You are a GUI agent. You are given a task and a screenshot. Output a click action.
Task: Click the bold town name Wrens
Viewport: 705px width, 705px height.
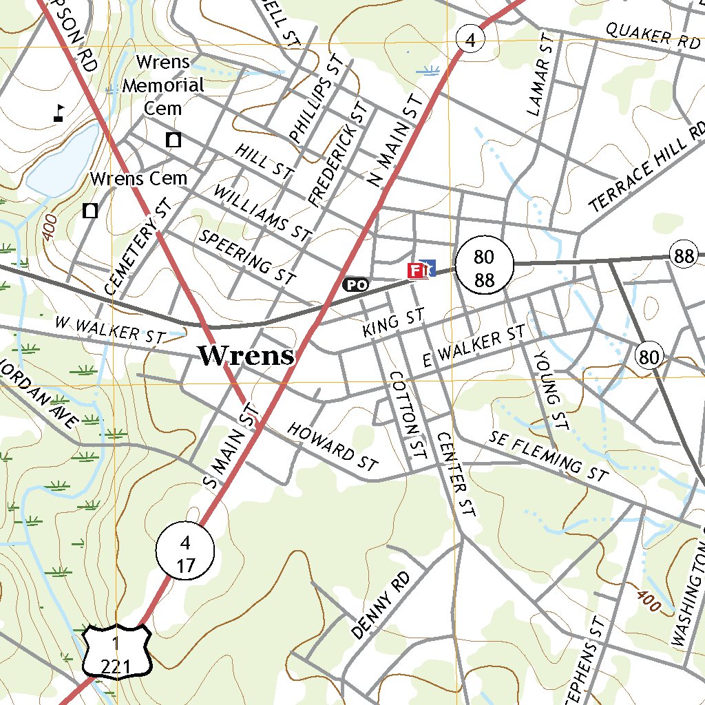click(246, 355)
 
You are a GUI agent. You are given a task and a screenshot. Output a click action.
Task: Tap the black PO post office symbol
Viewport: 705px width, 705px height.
click(356, 284)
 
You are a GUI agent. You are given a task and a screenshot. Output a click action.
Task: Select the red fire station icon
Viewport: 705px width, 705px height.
click(417, 270)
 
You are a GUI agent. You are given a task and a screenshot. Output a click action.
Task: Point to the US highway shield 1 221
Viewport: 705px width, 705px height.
click(117, 651)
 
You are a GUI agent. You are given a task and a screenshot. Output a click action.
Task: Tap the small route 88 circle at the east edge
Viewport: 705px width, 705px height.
click(684, 256)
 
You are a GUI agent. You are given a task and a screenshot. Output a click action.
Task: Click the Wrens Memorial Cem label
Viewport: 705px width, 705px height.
click(164, 85)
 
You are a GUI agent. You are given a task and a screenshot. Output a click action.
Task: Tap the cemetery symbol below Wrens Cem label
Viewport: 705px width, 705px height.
click(90, 210)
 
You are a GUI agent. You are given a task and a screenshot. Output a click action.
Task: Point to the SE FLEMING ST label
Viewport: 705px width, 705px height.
click(549, 456)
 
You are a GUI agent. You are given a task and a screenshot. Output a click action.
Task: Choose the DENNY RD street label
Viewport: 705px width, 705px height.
click(380, 604)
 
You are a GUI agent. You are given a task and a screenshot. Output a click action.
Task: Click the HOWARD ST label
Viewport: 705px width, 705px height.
click(333, 447)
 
